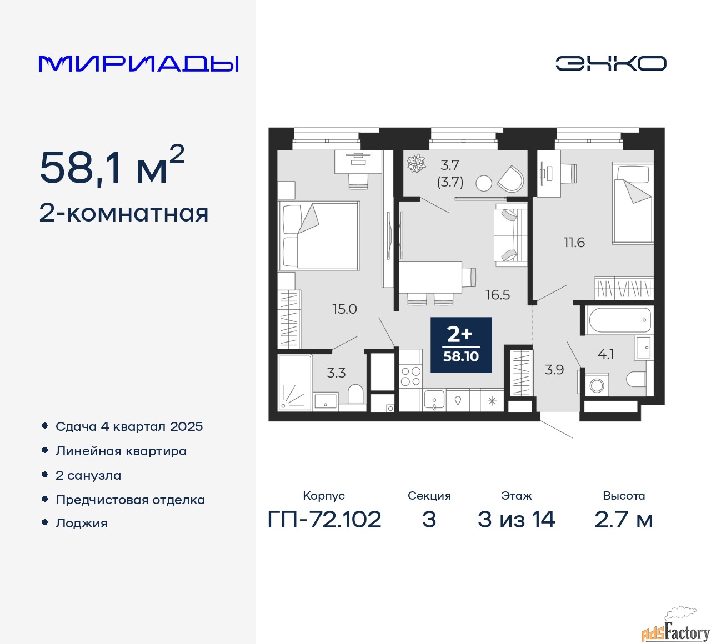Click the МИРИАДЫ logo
138,64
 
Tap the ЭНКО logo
610,63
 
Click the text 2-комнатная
124,214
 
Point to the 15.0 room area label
344,309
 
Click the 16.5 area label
498,295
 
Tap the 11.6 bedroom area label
574,243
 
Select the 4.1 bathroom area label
605,354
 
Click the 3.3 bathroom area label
336,373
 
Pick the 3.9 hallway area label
554,370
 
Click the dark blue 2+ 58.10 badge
461,345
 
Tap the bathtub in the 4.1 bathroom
618,320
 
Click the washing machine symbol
597,385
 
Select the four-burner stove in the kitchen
410,376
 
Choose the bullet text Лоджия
81,524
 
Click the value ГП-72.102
324,520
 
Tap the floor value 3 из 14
517,520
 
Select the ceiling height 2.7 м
623,520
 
